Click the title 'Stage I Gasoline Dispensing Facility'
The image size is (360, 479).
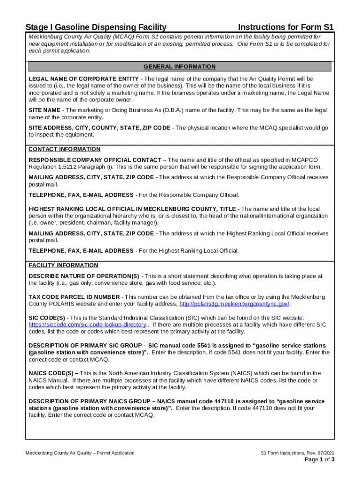coord(96,27)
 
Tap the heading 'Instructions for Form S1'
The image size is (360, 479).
coord(286,27)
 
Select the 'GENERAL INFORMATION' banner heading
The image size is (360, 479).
coord(180,67)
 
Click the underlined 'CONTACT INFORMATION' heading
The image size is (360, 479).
coord(65,149)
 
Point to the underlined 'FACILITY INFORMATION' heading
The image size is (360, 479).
coord(64,265)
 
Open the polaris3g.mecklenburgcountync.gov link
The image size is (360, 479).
coord(234,304)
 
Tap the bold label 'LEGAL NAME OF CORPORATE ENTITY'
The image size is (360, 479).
coord(84,79)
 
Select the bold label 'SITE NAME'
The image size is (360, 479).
coord(45,110)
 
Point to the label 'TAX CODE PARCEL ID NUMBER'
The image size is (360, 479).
coord(74,297)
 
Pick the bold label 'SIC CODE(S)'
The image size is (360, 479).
coord(47,318)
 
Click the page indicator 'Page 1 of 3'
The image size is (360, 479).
coord(319,460)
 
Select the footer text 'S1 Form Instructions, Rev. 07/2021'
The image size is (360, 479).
coord(297,453)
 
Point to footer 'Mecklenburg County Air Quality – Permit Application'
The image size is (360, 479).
coord(80,453)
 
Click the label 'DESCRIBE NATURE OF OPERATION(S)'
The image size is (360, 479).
coord(84,276)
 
